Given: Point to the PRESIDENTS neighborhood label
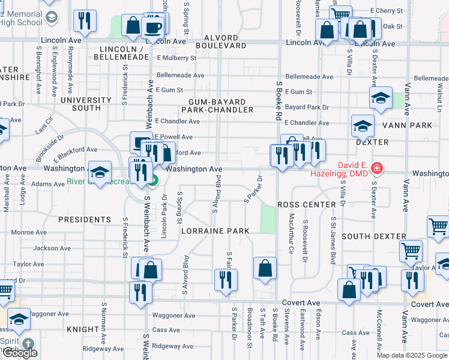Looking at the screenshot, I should [x=85, y=220].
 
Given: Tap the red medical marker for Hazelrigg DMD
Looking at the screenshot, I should [x=376, y=168].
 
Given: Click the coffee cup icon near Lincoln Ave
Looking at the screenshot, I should [x=154, y=26].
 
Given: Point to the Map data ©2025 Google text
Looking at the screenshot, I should [x=412, y=355].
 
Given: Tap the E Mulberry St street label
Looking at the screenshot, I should [x=176, y=58].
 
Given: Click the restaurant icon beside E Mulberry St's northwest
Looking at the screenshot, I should [x=85, y=21].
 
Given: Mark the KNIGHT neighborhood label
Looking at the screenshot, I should [x=82, y=329].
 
